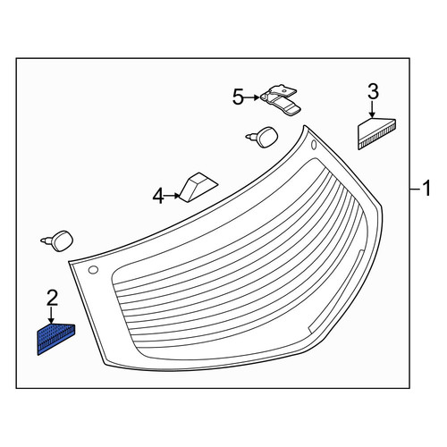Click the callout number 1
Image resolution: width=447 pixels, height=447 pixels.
coord(426,189)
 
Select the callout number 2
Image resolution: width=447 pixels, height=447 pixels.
coord(52,299)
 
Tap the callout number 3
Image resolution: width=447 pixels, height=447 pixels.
coord(373,92)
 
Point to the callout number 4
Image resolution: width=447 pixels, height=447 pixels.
coord(158,197)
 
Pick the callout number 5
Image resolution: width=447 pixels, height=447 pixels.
coord(238,97)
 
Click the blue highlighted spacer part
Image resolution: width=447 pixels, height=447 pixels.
coord(55,339)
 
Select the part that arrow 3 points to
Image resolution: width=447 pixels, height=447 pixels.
coord(376,133)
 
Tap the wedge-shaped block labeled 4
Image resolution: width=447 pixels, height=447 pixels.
coord(198,187)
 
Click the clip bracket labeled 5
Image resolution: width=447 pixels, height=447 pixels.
coord(281,100)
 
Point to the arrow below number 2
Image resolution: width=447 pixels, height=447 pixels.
coord(52,316)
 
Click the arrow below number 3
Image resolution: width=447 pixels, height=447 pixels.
coord(372,109)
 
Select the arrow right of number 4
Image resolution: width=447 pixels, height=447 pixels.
coord(173,196)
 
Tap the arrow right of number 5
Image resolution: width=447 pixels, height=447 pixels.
coord(252,97)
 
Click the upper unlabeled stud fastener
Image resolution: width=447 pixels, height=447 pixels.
coord(262,137)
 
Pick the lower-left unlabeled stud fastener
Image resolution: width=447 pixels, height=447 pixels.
coord(57,240)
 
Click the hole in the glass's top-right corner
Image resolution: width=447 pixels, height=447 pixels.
coord(314,145)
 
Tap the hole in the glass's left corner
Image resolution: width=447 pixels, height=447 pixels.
coord(93,270)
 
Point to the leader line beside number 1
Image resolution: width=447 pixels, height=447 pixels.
coord(416,189)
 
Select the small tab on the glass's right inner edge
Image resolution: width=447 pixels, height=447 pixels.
coord(360,256)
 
